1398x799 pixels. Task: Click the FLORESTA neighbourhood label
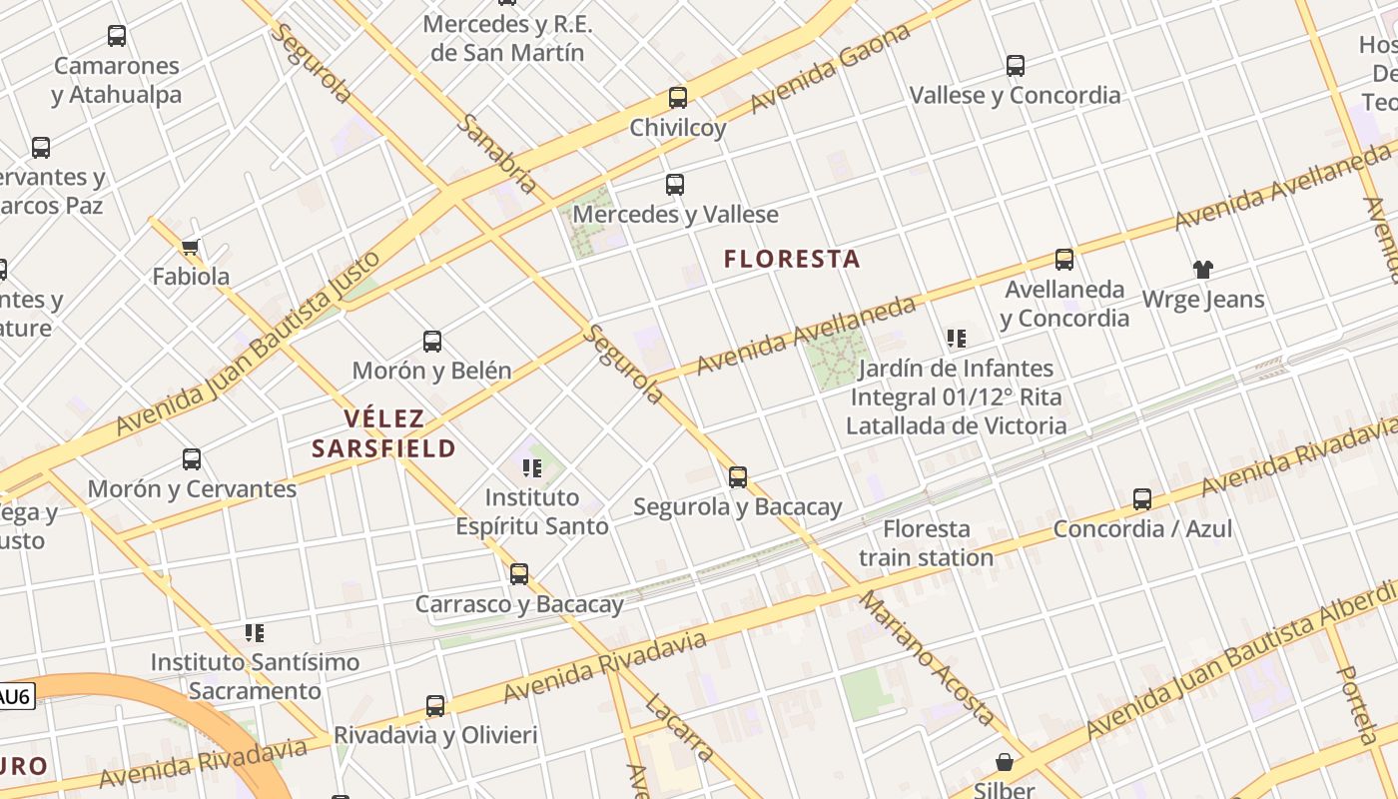[x=792, y=259]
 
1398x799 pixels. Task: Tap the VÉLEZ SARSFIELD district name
[x=384, y=433]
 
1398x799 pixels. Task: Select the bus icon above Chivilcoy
[x=678, y=98]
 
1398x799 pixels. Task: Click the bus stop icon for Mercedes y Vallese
[x=675, y=185]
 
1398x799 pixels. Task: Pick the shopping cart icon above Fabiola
[x=191, y=247]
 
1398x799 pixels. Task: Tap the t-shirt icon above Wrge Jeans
[x=1202, y=270]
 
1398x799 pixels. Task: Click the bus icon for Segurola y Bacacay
[x=738, y=477]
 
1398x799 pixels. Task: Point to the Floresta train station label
[x=926, y=542]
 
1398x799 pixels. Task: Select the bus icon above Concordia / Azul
[x=1142, y=499]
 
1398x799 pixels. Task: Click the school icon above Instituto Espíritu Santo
[x=532, y=467]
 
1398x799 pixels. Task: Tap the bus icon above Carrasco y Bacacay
[x=519, y=574]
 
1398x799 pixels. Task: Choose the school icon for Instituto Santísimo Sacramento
[x=255, y=632]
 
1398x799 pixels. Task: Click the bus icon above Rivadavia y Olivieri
[x=435, y=706]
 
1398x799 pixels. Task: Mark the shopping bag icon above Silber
[x=1005, y=763]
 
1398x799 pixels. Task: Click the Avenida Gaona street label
[x=831, y=68]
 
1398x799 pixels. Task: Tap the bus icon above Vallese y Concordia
[x=1016, y=66]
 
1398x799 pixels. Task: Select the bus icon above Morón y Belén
[x=432, y=342]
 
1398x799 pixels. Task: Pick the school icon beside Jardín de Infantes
[x=957, y=339]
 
